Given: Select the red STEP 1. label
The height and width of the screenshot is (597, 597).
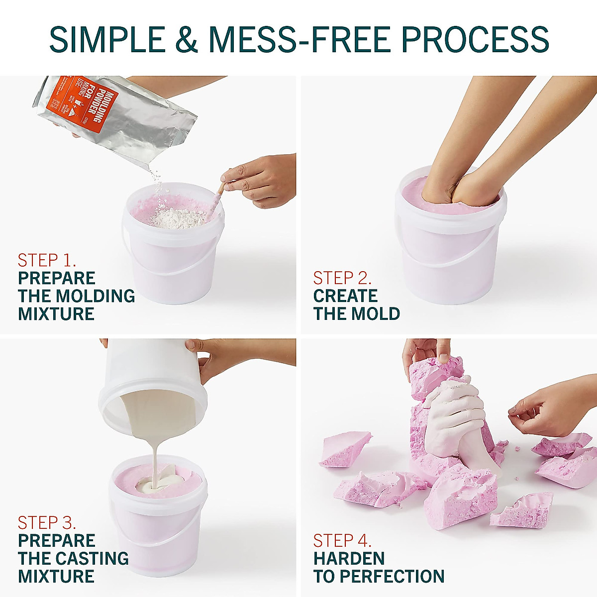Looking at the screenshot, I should point(47,260).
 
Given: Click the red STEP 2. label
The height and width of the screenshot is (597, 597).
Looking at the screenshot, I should point(342,278).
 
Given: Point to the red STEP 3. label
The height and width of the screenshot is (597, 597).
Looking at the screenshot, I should point(47,522).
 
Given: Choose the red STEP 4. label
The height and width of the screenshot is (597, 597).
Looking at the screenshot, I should point(342,540).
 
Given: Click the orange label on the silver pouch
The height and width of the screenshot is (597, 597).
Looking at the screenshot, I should point(85,104).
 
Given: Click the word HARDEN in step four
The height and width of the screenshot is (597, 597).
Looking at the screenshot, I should point(349,558).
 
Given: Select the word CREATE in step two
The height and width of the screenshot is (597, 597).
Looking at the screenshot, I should point(345,296).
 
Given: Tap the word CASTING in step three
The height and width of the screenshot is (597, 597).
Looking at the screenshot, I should point(92,558).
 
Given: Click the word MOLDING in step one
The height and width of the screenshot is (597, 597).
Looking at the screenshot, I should point(95,296).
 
